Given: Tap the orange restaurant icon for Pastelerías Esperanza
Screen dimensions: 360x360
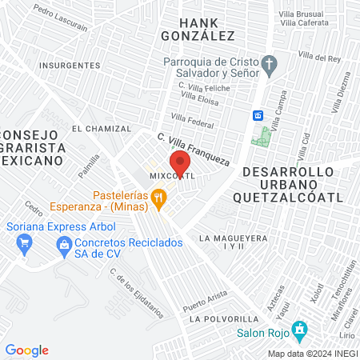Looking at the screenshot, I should pyautogui.click(x=159, y=197).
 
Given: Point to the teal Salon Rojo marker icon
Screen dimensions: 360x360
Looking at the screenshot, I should pyautogui.click(x=300, y=328).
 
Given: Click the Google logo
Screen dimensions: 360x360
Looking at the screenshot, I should pyautogui.click(x=26, y=350).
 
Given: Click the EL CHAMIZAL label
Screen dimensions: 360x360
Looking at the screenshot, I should pyautogui.click(x=101, y=128).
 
